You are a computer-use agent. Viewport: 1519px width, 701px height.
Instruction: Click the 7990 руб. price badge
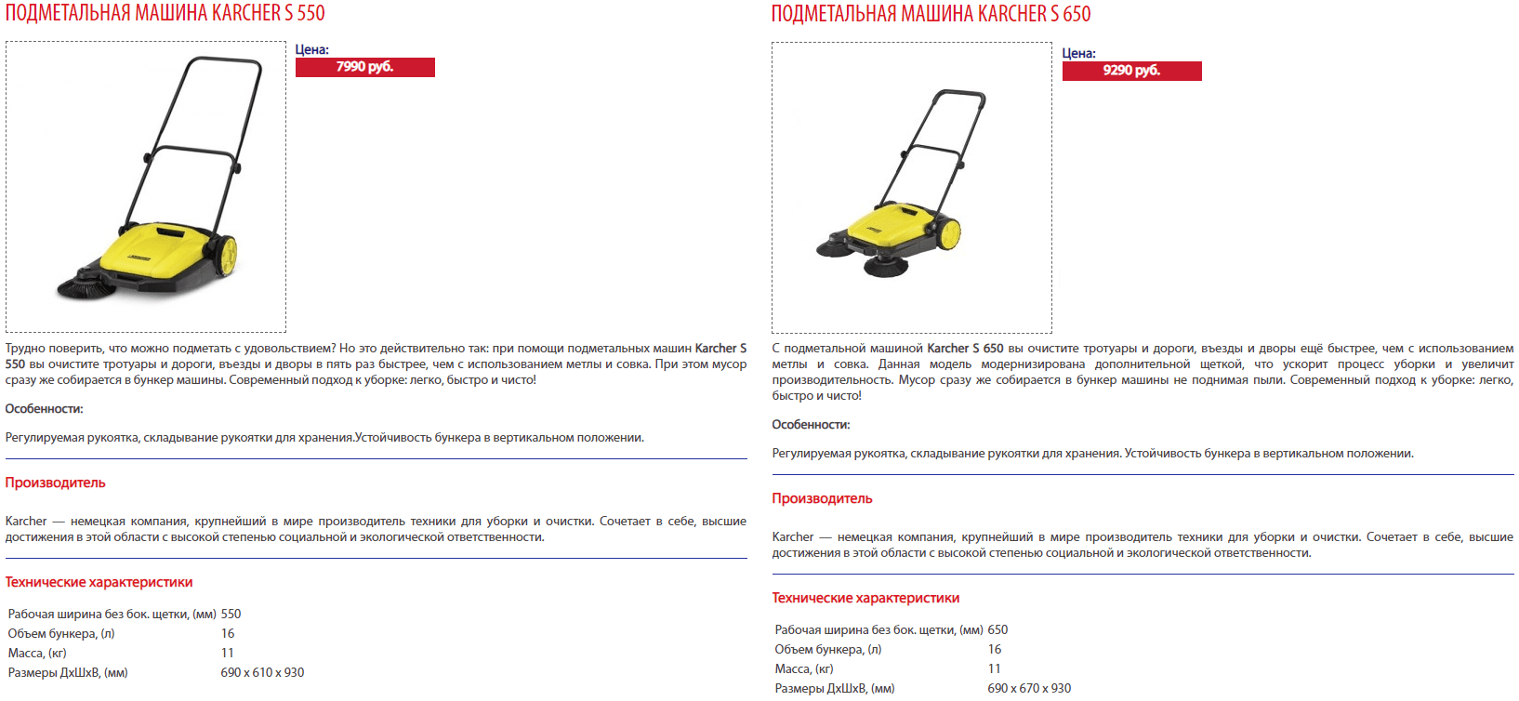pos(364,67)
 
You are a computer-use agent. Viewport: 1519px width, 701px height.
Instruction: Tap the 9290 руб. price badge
pos(1131,71)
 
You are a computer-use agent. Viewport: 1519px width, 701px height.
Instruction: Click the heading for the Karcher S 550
pos(165,13)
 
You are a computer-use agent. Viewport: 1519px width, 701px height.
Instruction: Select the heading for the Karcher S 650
pos(931,14)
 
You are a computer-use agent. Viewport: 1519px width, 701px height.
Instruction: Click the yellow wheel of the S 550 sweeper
pos(226,256)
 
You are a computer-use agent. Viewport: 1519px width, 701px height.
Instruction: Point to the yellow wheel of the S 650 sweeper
pos(949,233)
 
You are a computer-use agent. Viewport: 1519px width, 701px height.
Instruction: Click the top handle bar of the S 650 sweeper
pos(961,95)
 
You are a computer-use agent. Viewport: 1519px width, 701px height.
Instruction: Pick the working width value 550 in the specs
pos(231,615)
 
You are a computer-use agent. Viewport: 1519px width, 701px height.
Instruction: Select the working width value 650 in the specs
pos(997,630)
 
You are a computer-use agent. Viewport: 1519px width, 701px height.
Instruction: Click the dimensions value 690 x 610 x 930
pos(262,673)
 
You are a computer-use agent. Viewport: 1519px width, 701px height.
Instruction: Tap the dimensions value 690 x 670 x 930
pos(1029,689)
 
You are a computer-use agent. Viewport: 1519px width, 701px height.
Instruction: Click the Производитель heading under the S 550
pos(56,483)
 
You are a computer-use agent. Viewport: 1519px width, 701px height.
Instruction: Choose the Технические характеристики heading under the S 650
pos(865,598)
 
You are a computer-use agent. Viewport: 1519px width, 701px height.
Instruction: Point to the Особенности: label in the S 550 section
pos(45,409)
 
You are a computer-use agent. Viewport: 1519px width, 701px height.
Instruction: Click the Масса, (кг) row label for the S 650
pos(804,669)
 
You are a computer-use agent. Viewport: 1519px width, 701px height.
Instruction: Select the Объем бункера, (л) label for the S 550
pos(61,634)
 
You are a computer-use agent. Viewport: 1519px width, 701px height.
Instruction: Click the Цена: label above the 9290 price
pos(1079,54)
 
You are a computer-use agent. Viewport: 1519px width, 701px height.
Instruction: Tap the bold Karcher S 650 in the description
pos(965,349)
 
